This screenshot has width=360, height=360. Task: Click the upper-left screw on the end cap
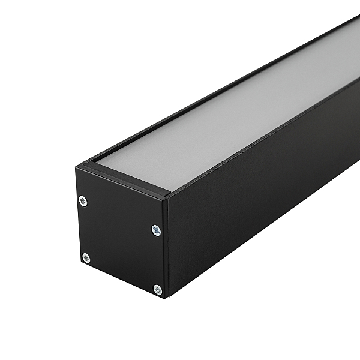click(83, 201)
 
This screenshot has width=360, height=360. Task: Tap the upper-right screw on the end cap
click(156, 230)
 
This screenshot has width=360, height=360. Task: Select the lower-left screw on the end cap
click(86, 258)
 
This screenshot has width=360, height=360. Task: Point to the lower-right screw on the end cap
click(157, 289)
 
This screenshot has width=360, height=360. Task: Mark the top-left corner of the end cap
click(76, 167)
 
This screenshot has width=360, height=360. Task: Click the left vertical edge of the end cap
click(77, 216)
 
